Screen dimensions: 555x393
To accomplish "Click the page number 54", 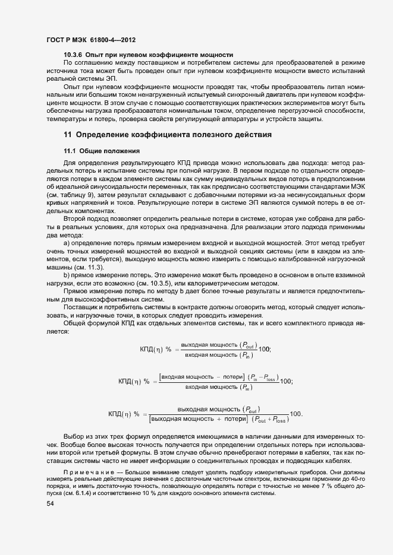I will pos(51,504).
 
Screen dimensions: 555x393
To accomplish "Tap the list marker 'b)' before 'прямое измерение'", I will pos(67,277).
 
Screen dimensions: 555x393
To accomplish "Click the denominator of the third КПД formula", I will pos(219,419).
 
